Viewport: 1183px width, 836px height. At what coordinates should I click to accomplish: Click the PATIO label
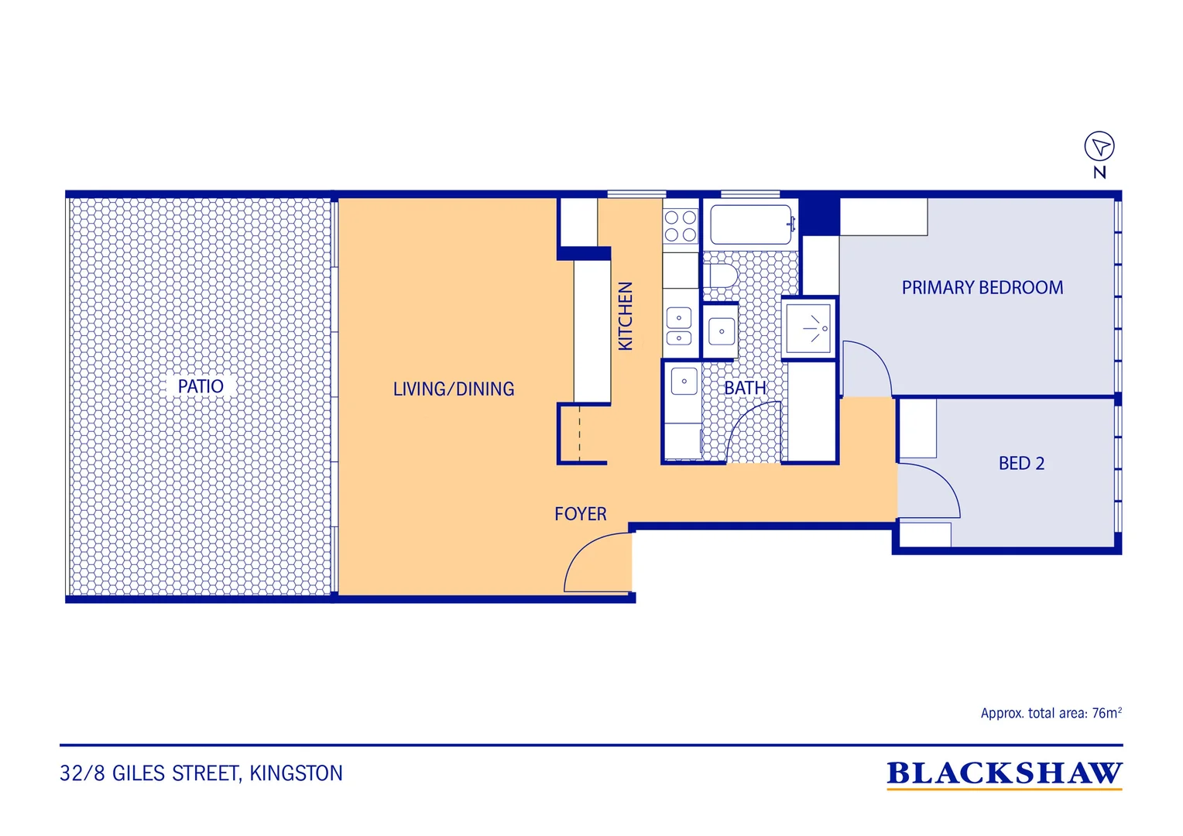tap(201, 386)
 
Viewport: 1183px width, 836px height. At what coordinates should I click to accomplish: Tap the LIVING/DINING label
tap(453, 389)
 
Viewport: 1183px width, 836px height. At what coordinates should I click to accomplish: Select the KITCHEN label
tap(626, 316)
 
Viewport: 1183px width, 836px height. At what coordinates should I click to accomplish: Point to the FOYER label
tap(581, 514)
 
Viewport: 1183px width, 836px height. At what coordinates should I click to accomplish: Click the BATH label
tap(745, 388)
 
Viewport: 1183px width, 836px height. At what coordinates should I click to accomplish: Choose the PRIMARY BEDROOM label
tap(982, 287)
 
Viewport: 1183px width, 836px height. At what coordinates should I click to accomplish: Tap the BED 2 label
tap(1021, 463)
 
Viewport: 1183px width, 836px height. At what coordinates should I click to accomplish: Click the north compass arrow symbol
tap(1099, 146)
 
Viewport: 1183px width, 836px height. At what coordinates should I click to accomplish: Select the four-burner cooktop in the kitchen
tap(681, 225)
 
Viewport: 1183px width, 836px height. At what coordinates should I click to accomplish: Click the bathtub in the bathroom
tap(753, 224)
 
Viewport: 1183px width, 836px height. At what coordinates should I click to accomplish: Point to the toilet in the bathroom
tap(720, 276)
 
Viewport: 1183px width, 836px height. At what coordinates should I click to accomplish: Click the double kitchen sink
tap(679, 326)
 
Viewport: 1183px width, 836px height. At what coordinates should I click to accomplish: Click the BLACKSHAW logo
tap(1004, 773)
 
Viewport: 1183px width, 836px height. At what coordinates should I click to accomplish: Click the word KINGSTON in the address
tap(296, 773)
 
